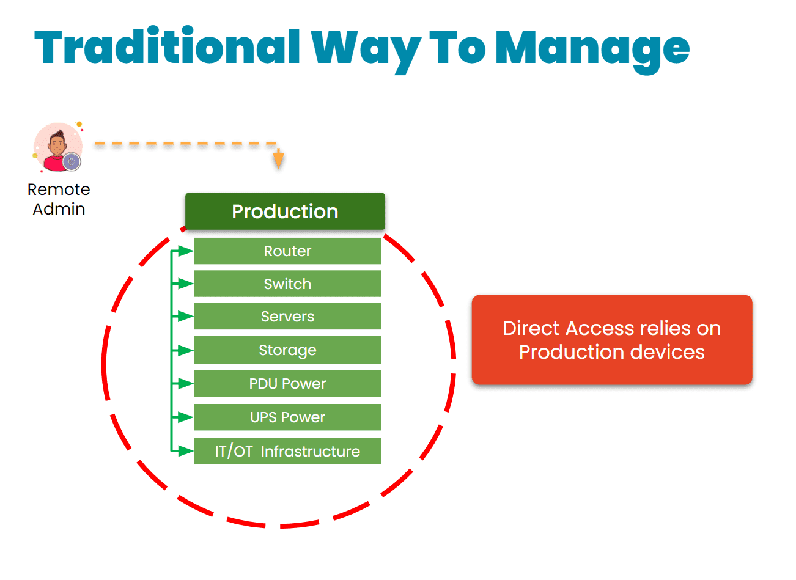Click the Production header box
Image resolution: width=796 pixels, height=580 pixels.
[285, 211]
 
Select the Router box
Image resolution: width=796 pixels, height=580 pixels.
[287, 251]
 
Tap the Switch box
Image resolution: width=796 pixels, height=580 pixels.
[287, 284]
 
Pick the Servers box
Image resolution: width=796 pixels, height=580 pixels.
[287, 317]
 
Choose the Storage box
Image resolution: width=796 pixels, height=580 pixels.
[287, 350]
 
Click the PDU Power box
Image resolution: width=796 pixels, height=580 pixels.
[287, 384]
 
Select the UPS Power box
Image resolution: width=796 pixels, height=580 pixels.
[287, 417]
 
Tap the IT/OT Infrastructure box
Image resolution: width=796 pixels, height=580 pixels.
[287, 451]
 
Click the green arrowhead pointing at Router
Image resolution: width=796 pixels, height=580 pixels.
[185, 251]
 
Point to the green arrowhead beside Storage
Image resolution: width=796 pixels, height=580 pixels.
[185, 350]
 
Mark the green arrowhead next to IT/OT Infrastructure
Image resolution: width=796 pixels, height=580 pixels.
[185, 451]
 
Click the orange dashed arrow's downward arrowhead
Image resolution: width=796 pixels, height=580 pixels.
[278, 160]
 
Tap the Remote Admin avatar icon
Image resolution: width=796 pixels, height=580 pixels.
[58, 147]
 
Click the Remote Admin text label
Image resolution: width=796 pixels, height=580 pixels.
[59, 199]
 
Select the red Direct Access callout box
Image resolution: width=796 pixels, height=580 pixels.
[611, 340]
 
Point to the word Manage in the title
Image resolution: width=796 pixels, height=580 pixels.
[592, 49]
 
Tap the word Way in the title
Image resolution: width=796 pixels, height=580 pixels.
[365, 49]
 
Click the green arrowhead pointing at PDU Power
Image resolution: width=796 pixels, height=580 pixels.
[185, 384]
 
